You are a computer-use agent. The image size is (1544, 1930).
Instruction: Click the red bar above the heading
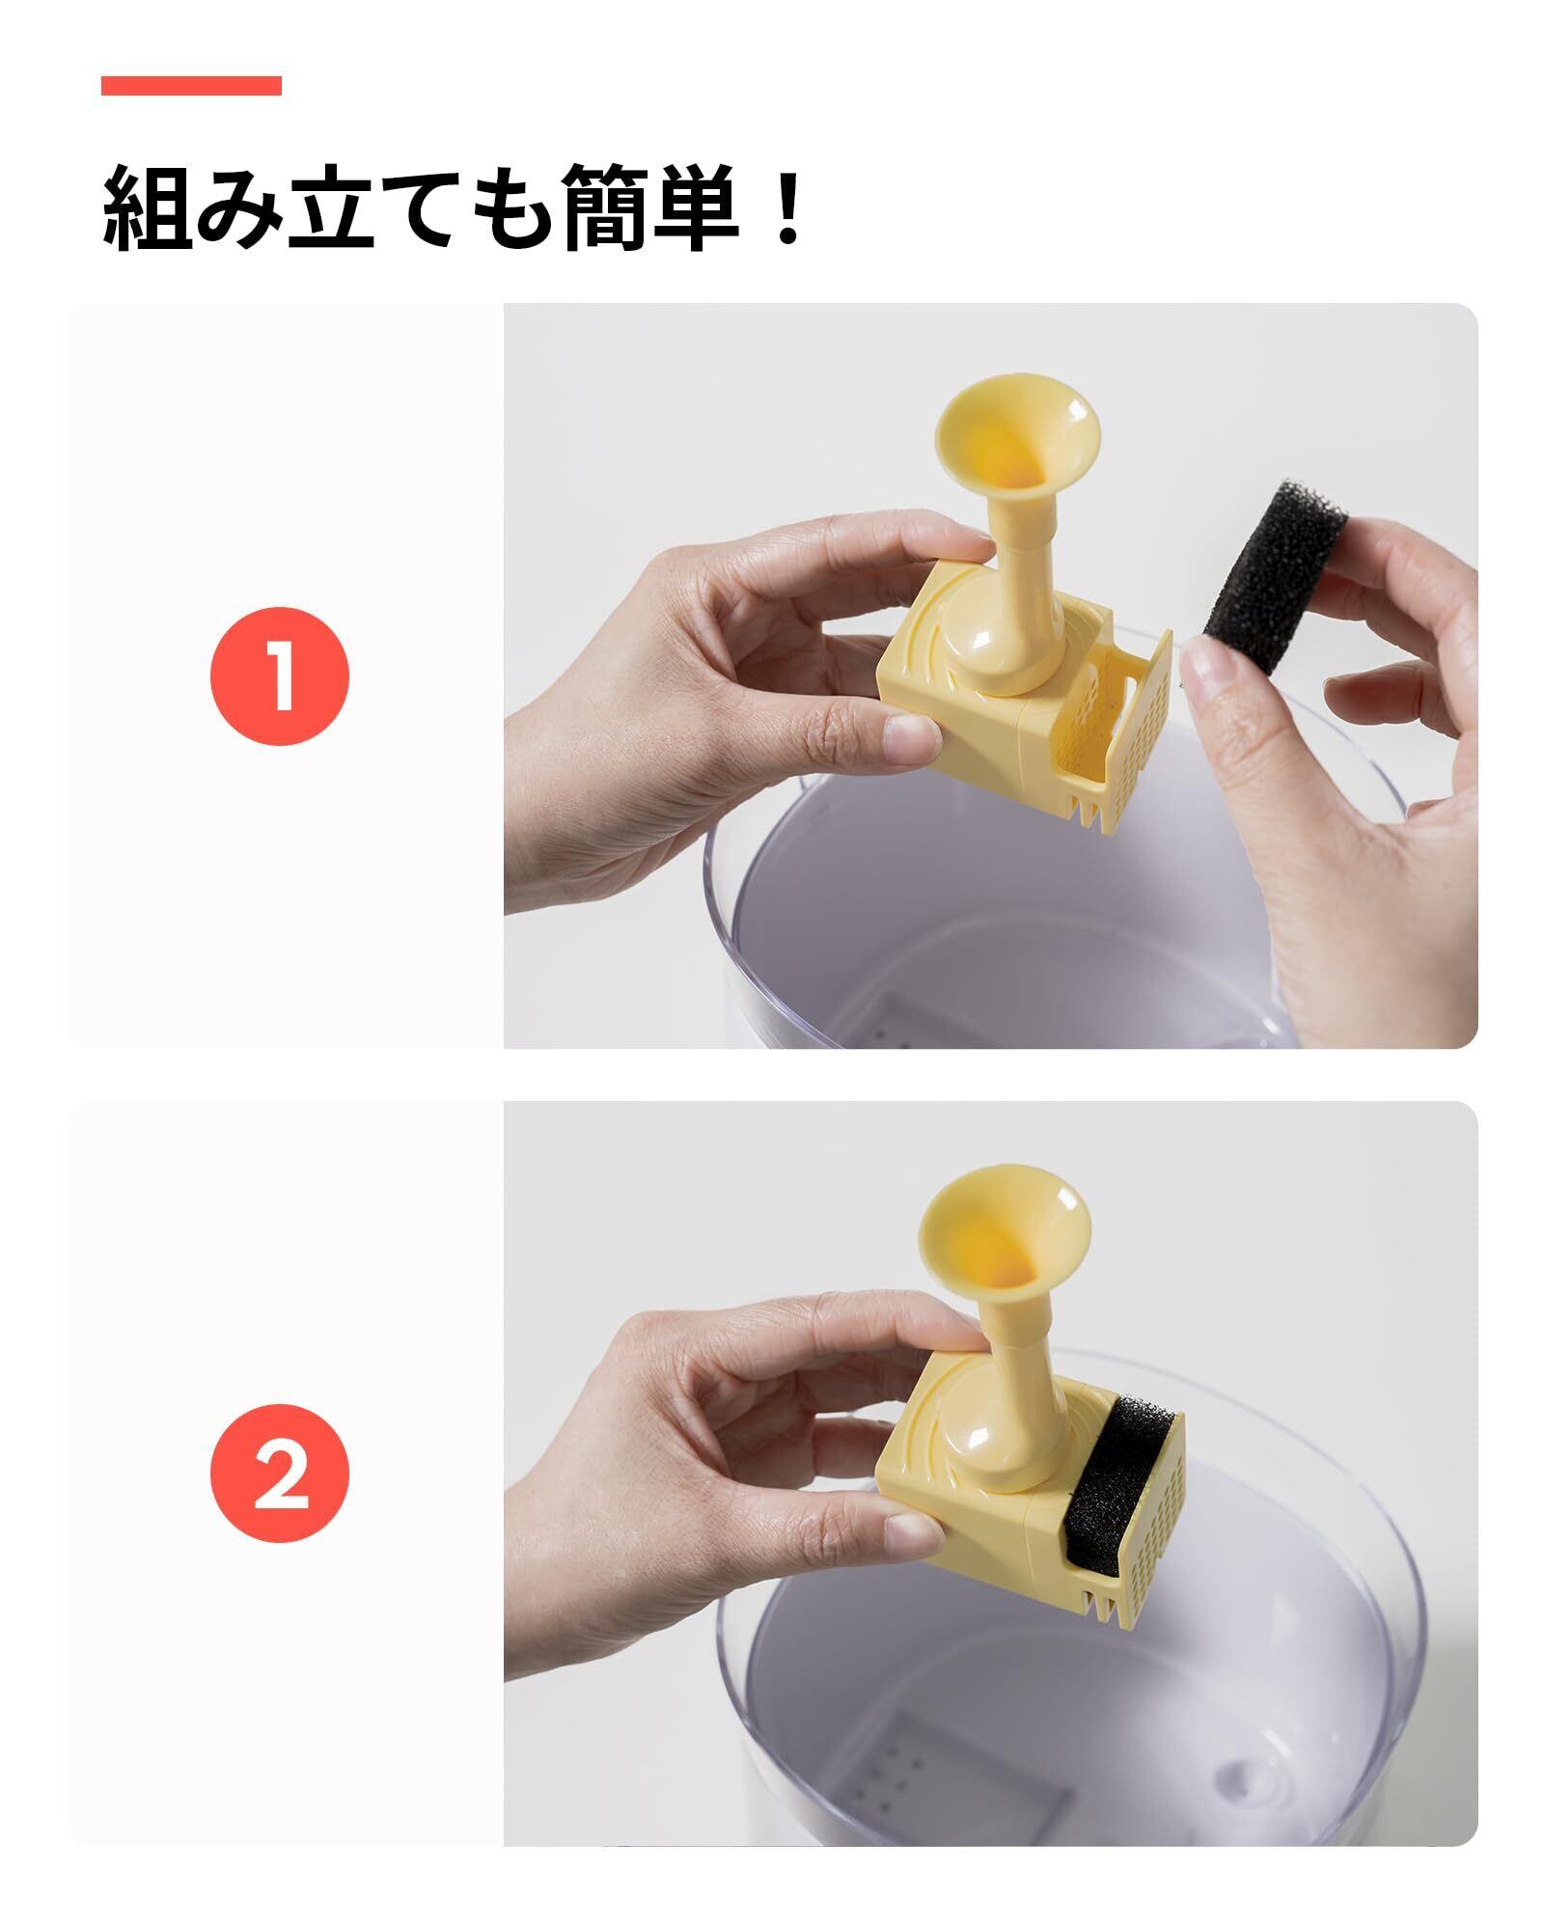click(191, 86)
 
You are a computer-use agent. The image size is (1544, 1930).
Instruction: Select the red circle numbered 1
click(280, 675)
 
